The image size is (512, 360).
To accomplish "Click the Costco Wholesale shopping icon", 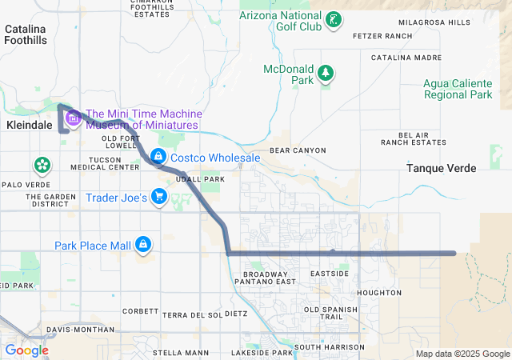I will pos(158,158).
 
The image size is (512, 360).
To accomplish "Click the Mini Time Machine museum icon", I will pos(73,119).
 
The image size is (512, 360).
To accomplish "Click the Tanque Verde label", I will pos(441,169).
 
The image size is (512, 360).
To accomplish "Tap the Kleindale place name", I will pos(29,126).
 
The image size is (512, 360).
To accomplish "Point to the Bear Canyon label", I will pos(298,150).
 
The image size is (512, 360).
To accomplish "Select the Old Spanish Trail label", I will pos(326,314).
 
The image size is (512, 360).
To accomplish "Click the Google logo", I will pos(27,350).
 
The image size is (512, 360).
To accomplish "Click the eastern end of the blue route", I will pos(454,254).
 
